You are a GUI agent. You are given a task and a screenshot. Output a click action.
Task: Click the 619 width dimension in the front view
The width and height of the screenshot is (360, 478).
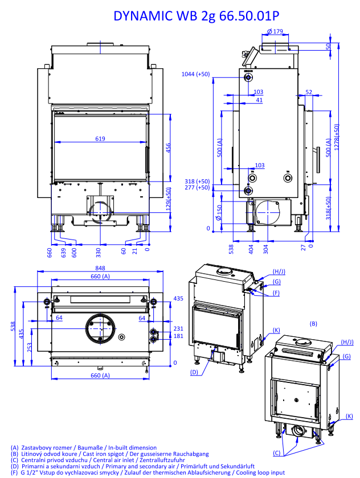click(100, 138)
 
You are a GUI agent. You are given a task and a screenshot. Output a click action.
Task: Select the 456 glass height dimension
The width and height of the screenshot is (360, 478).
click(169, 148)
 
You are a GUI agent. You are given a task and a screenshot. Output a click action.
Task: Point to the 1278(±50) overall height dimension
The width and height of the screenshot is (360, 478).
click(337, 137)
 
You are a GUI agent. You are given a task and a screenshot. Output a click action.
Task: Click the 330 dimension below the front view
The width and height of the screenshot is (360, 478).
click(98, 250)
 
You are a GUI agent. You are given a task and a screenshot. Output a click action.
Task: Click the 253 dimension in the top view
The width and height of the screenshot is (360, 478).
click(29, 347)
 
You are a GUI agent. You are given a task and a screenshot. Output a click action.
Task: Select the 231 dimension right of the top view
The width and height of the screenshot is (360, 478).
click(178, 329)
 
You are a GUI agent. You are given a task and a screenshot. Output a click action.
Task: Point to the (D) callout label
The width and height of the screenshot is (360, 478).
click(194, 372)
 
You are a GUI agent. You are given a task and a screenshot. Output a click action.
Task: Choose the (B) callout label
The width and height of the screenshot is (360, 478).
click(313, 323)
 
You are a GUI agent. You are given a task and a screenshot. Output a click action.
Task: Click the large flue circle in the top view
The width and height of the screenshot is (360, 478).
click(101, 329)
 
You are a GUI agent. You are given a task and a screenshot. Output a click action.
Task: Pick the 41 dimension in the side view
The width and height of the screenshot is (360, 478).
click(259, 100)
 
